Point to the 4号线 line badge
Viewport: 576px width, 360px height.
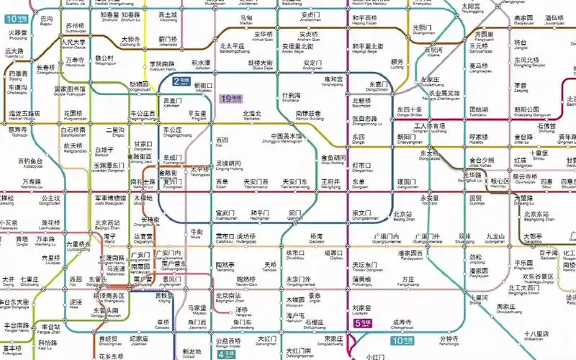click(226, 354)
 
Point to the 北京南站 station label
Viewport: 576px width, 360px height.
click(228, 297)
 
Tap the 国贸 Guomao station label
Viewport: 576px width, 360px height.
click(476, 199)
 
